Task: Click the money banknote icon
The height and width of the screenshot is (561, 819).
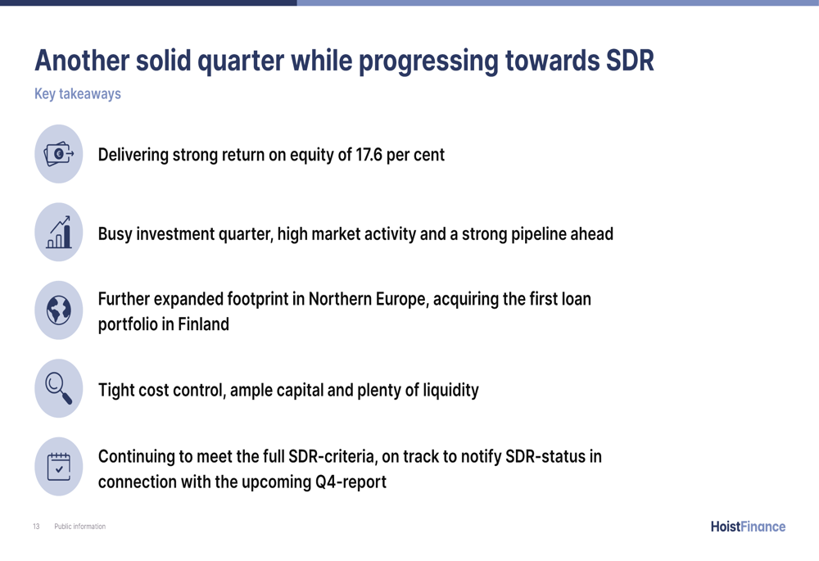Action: tap(58, 154)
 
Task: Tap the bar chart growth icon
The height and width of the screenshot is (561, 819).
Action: tap(58, 232)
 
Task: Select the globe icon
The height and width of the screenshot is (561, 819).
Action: tap(58, 310)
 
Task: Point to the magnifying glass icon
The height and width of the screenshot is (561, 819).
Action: tap(58, 388)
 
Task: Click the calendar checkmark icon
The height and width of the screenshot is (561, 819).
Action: tap(58, 467)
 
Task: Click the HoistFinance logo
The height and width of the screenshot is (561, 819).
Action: tap(748, 527)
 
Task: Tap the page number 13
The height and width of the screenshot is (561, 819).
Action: tap(36, 527)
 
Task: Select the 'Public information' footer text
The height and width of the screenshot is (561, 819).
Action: tap(80, 527)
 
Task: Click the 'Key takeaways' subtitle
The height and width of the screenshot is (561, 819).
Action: tap(78, 93)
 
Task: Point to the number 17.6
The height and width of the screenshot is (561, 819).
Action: tap(369, 155)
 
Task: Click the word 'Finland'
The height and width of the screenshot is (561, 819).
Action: tap(203, 323)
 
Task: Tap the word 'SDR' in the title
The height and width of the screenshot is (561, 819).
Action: tap(630, 60)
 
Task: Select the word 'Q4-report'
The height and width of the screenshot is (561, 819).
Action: tap(351, 482)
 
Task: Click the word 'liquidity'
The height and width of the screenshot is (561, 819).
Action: tap(450, 390)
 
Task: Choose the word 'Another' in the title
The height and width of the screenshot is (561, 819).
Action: tap(82, 60)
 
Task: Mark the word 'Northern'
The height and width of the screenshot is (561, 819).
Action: tap(340, 299)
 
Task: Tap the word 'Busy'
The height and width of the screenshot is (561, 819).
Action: tap(115, 234)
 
